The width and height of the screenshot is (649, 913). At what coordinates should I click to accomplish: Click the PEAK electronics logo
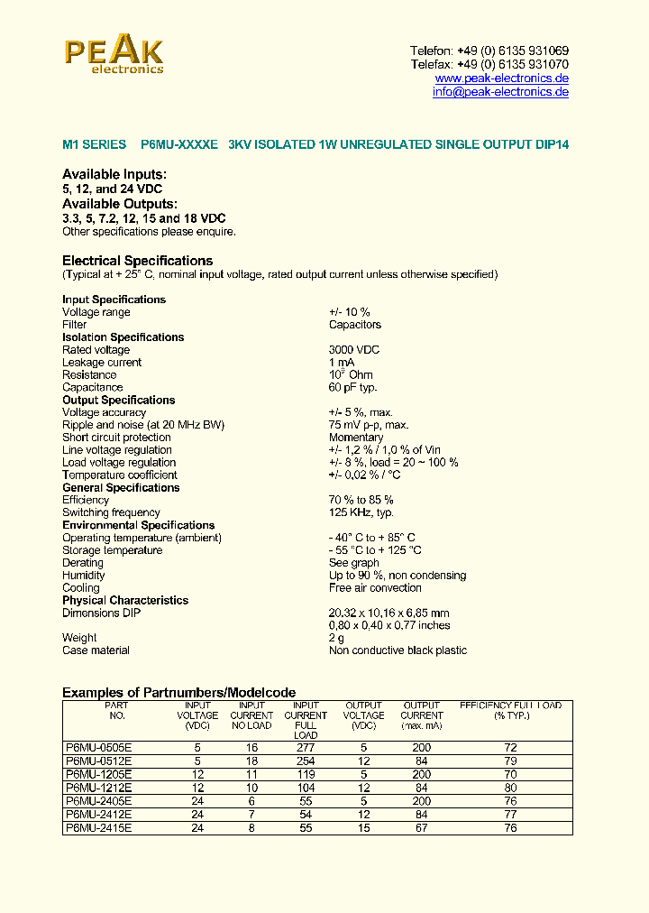(x=114, y=55)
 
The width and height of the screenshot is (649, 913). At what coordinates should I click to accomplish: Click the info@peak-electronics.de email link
(x=500, y=92)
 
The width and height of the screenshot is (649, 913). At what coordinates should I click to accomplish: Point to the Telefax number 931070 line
(x=489, y=65)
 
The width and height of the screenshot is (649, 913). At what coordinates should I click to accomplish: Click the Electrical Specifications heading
(x=137, y=261)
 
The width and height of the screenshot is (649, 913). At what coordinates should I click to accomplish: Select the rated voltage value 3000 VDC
(x=354, y=350)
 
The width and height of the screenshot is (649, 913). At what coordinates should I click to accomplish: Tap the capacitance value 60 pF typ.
(x=352, y=388)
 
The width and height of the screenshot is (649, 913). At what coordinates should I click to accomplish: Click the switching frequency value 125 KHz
(x=361, y=512)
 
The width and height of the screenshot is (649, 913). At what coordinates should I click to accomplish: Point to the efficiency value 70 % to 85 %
(x=361, y=500)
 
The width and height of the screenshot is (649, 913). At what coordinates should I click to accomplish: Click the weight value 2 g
(x=336, y=638)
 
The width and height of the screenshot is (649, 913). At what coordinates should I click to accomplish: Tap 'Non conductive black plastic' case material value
(x=398, y=650)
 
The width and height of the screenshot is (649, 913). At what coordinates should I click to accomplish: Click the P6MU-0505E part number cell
(x=99, y=748)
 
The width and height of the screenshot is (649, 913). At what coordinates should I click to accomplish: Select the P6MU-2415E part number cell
(x=99, y=827)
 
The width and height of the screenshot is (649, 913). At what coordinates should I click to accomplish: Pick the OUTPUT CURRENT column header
(x=422, y=715)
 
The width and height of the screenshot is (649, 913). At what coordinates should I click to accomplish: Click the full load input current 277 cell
(x=306, y=748)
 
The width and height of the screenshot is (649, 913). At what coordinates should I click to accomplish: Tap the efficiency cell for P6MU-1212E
(x=510, y=788)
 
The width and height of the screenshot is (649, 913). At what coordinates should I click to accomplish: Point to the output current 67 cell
(x=422, y=827)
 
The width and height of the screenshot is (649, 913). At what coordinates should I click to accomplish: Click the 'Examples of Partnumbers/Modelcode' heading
(x=178, y=693)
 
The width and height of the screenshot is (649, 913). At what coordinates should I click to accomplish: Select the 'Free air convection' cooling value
(x=375, y=588)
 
